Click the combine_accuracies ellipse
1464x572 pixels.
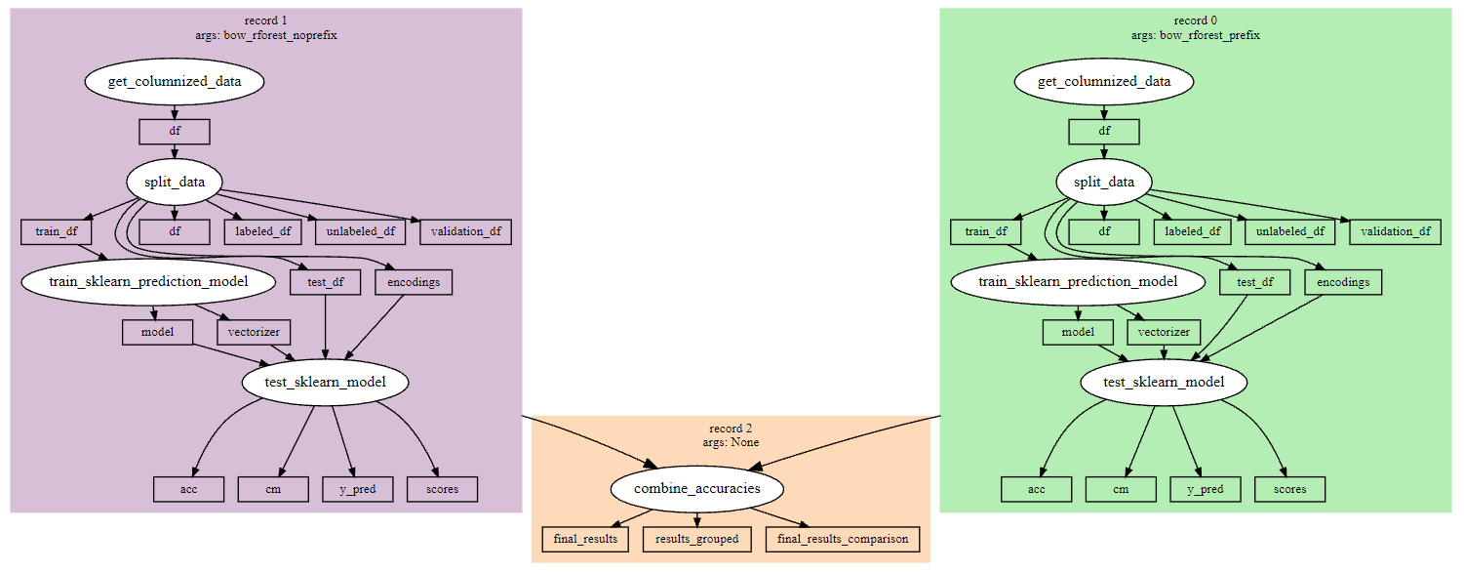click(696, 488)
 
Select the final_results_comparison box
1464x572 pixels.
click(844, 539)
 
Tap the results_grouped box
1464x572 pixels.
click(696, 539)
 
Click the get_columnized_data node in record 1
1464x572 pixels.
click(175, 81)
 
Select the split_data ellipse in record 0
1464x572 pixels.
click(1104, 183)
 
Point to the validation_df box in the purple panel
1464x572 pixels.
click(465, 232)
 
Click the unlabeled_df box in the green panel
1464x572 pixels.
click(1290, 232)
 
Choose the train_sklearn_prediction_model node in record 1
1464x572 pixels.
click(148, 282)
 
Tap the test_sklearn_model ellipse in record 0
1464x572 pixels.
click(1165, 382)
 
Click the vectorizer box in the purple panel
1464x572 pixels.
click(254, 332)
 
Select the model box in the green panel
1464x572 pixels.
click(1078, 332)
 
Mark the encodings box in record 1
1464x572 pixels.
click(414, 282)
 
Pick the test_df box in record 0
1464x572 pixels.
click(1254, 282)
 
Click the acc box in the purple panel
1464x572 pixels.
click(188, 489)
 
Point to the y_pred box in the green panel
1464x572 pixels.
click(1206, 489)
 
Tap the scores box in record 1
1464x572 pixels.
click(442, 489)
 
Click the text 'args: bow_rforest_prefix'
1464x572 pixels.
click(1195, 35)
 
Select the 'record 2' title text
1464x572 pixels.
click(731, 429)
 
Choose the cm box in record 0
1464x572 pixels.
click(1121, 489)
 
